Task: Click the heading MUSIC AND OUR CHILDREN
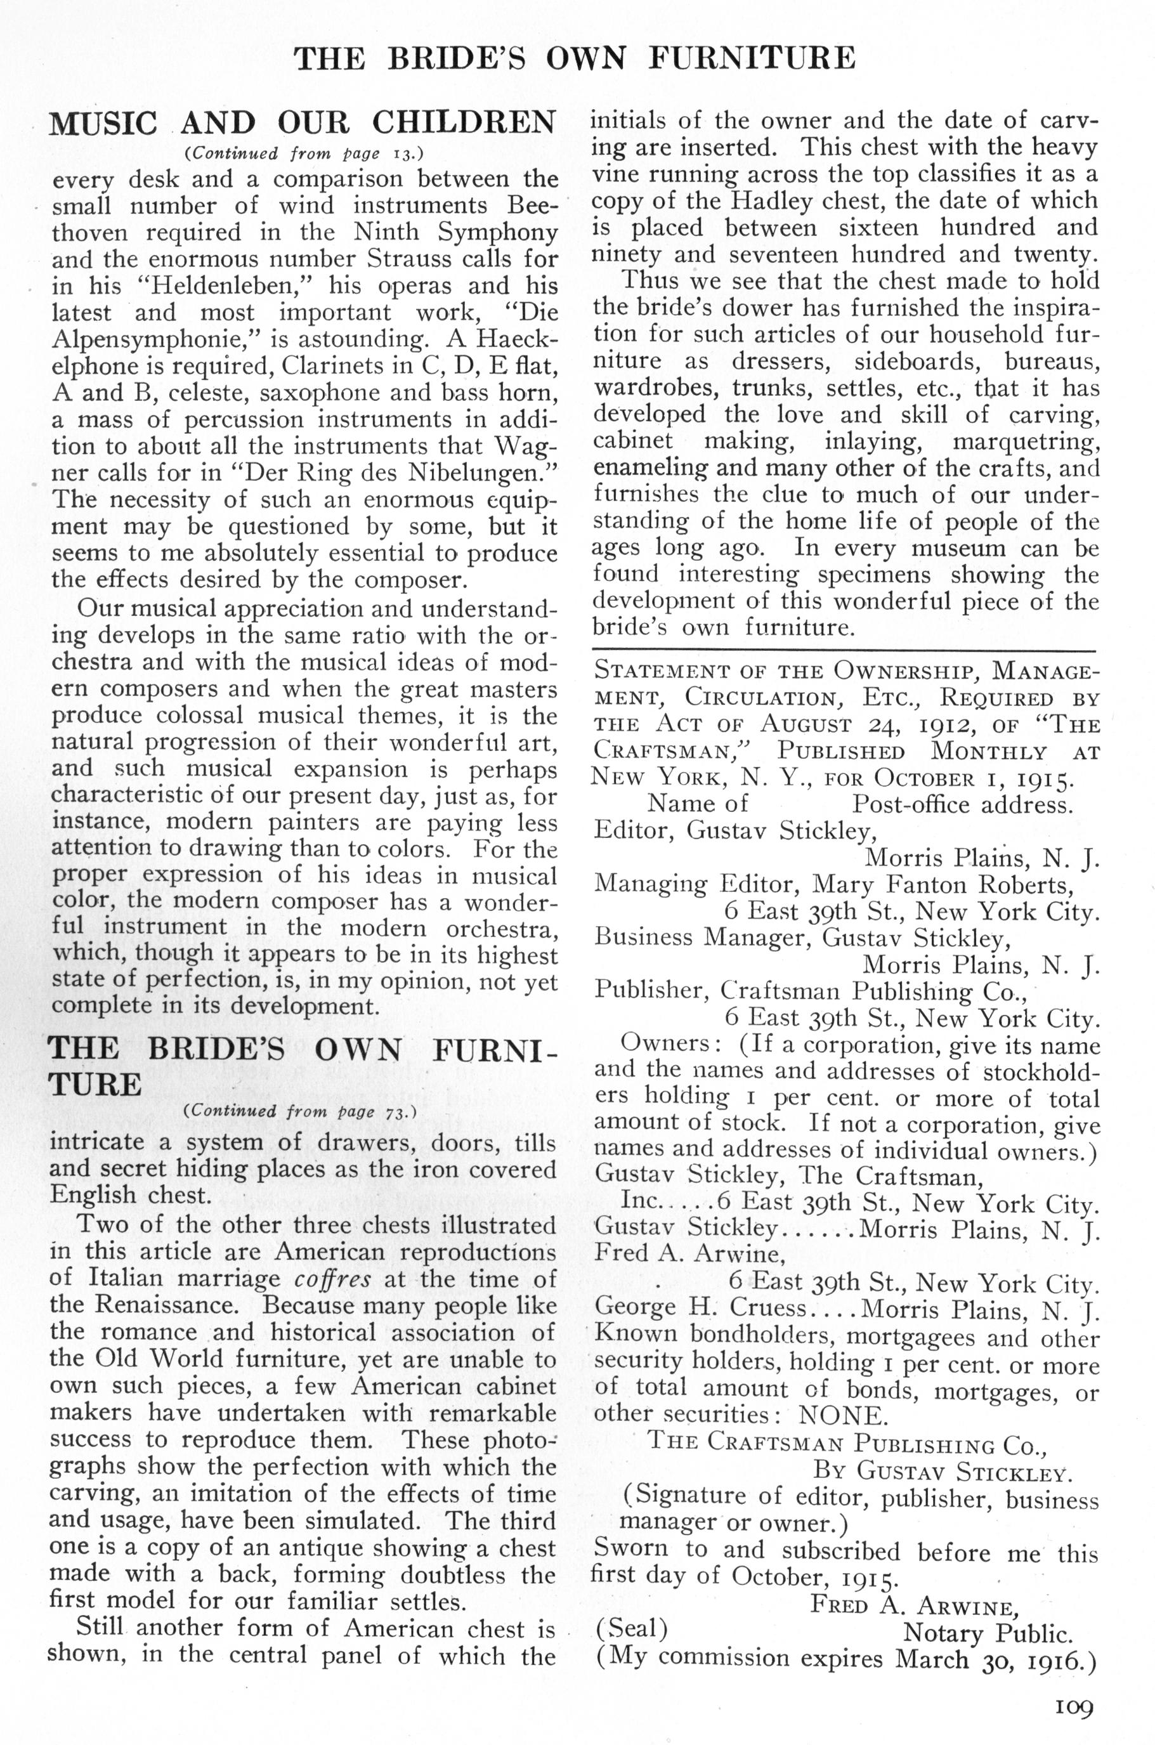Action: click(302, 122)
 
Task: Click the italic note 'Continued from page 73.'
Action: click(301, 1111)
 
